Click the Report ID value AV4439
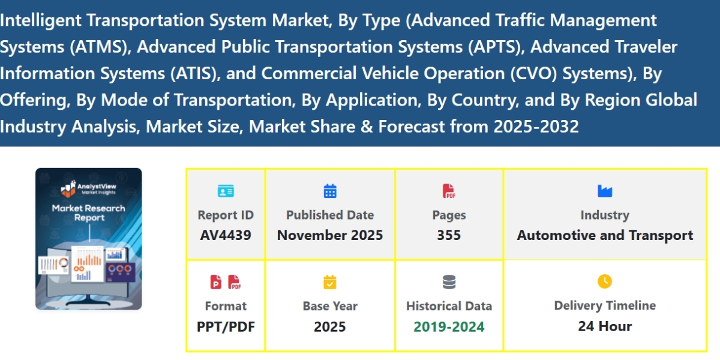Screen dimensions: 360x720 point(226,235)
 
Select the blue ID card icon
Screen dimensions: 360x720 point(226,192)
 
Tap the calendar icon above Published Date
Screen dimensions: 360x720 point(330,191)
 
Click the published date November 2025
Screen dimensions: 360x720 point(330,235)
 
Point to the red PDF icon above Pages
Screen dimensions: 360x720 point(449,191)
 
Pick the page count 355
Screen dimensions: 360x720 point(449,235)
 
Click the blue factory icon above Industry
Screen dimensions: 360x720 point(605,191)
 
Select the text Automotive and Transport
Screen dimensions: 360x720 point(605,235)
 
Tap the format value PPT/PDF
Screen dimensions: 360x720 point(226,326)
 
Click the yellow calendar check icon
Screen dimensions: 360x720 point(330,282)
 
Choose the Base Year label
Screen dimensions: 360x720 point(330,306)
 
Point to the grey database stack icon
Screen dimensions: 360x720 point(449,282)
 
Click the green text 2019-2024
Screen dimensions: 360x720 point(449,326)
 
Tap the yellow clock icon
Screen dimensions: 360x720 point(605,281)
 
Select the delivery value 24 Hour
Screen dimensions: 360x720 point(605,326)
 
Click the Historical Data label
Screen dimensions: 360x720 point(449,306)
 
